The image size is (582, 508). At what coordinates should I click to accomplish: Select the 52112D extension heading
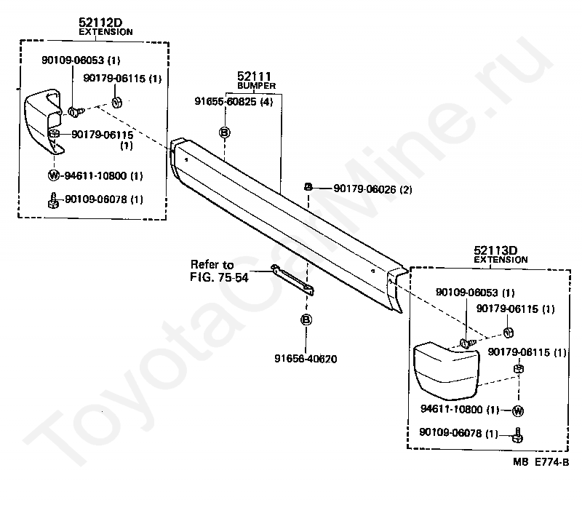tap(100, 23)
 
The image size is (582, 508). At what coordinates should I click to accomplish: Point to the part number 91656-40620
tap(306, 358)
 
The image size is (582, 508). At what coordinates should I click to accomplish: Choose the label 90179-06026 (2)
tap(372, 189)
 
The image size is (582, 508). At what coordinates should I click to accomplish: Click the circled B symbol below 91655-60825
tap(225, 132)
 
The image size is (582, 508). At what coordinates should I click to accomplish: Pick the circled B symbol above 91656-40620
tap(306, 320)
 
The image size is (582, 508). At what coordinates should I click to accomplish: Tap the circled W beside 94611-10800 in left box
tap(53, 175)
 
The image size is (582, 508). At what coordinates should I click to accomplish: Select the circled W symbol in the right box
tap(518, 410)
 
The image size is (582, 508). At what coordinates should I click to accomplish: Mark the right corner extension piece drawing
tap(445, 371)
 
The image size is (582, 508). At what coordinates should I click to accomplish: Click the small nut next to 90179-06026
tap(308, 188)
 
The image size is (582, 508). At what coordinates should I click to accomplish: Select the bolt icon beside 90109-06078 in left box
tap(53, 199)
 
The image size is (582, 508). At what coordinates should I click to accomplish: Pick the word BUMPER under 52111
tap(255, 85)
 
